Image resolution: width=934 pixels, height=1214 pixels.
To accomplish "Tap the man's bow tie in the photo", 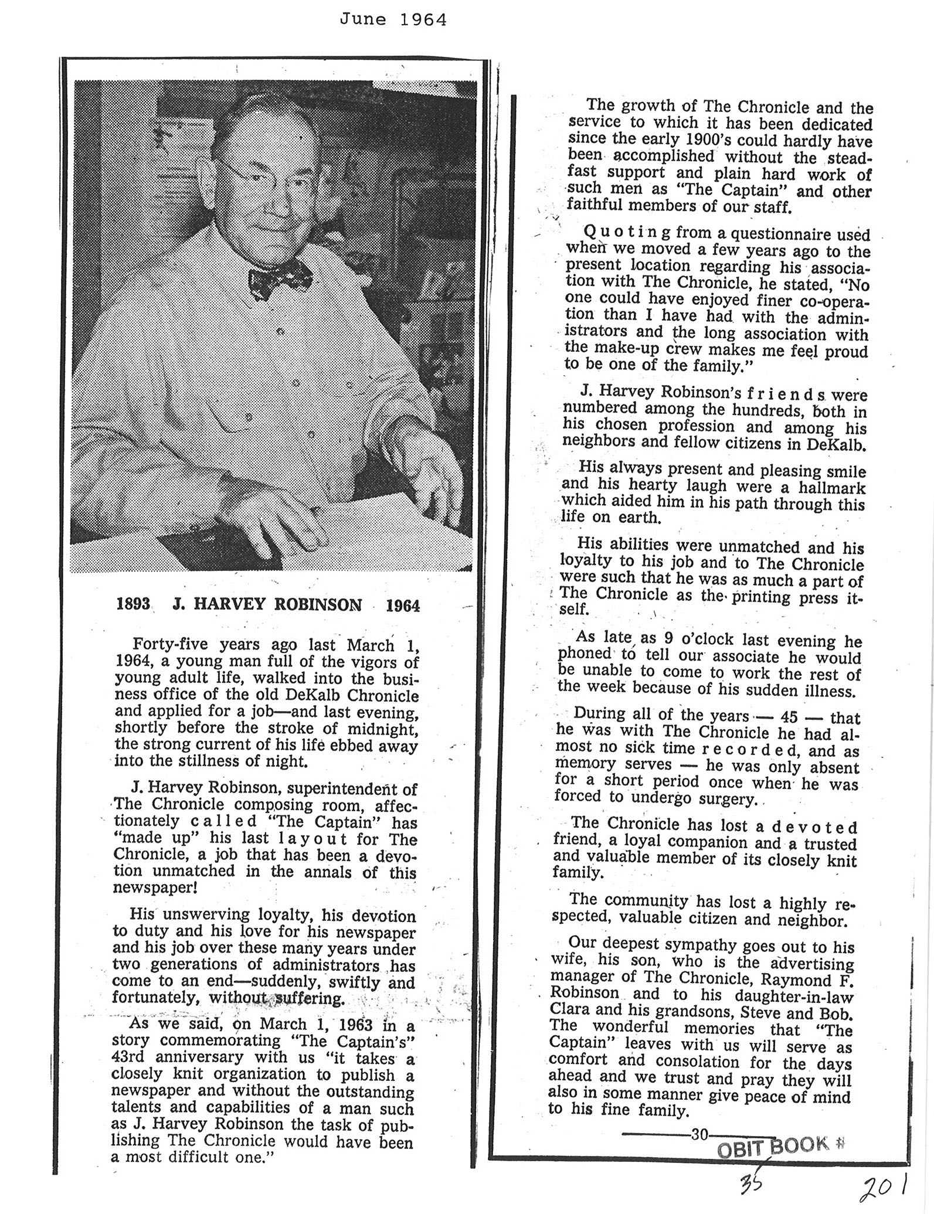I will (x=280, y=277).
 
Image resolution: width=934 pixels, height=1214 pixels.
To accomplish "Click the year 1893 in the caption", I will (x=134, y=604).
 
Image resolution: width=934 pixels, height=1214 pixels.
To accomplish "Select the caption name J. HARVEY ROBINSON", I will (x=267, y=604).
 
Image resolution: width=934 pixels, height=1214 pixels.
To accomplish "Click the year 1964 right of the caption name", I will (x=403, y=606).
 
